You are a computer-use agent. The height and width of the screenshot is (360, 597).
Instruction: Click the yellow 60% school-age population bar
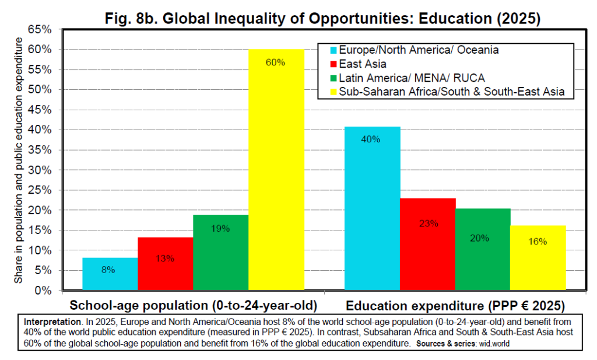click(276, 169)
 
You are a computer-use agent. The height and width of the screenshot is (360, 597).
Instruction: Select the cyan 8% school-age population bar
click(110, 274)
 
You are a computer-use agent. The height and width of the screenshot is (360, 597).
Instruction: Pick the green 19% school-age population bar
click(220, 252)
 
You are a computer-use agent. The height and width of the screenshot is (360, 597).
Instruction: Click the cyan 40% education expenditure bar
click(372, 208)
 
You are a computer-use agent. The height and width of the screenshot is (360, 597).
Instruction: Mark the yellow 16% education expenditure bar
click(538, 257)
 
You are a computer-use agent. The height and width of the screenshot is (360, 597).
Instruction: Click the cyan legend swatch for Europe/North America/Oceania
click(329, 50)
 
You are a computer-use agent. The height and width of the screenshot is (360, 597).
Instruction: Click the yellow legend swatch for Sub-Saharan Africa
click(329, 92)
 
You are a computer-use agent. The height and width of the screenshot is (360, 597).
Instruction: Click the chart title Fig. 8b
click(322, 18)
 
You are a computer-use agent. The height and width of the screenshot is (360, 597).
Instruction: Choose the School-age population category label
click(193, 306)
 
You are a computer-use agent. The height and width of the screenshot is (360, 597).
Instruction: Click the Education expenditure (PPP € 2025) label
click(455, 306)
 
